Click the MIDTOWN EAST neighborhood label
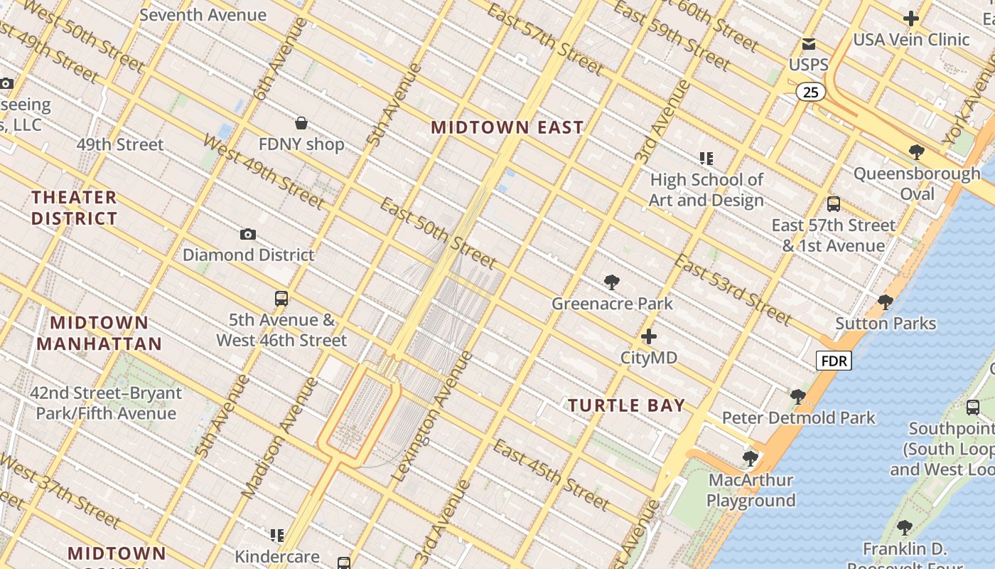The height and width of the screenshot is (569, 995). coord(507,127)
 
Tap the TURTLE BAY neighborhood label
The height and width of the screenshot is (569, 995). coord(626,405)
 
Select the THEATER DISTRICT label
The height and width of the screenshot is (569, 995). coord(74,208)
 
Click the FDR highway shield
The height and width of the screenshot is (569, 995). coord(834,361)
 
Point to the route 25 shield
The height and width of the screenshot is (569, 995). coord(810,92)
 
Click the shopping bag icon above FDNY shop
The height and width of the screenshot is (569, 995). coord(301,123)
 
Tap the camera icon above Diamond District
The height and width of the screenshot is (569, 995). coord(247,234)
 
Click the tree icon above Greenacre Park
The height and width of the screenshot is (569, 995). coord(611,282)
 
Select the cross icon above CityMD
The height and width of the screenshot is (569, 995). coord(648,336)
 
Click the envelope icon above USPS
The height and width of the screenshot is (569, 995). coord(808,44)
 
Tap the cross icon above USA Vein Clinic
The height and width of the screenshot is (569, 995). coord(910,18)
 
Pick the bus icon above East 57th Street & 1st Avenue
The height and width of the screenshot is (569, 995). coord(833,204)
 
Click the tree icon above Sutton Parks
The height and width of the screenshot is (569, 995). coord(885,302)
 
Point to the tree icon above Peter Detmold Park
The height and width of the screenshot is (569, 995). coord(797,397)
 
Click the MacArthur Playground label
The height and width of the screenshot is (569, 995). coord(751,490)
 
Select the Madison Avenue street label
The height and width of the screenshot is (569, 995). coord(280,438)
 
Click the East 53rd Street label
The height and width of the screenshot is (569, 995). coord(732,289)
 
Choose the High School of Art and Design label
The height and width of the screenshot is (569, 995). coord(706,190)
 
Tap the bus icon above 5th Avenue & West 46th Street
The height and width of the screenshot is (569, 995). coord(281,299)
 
